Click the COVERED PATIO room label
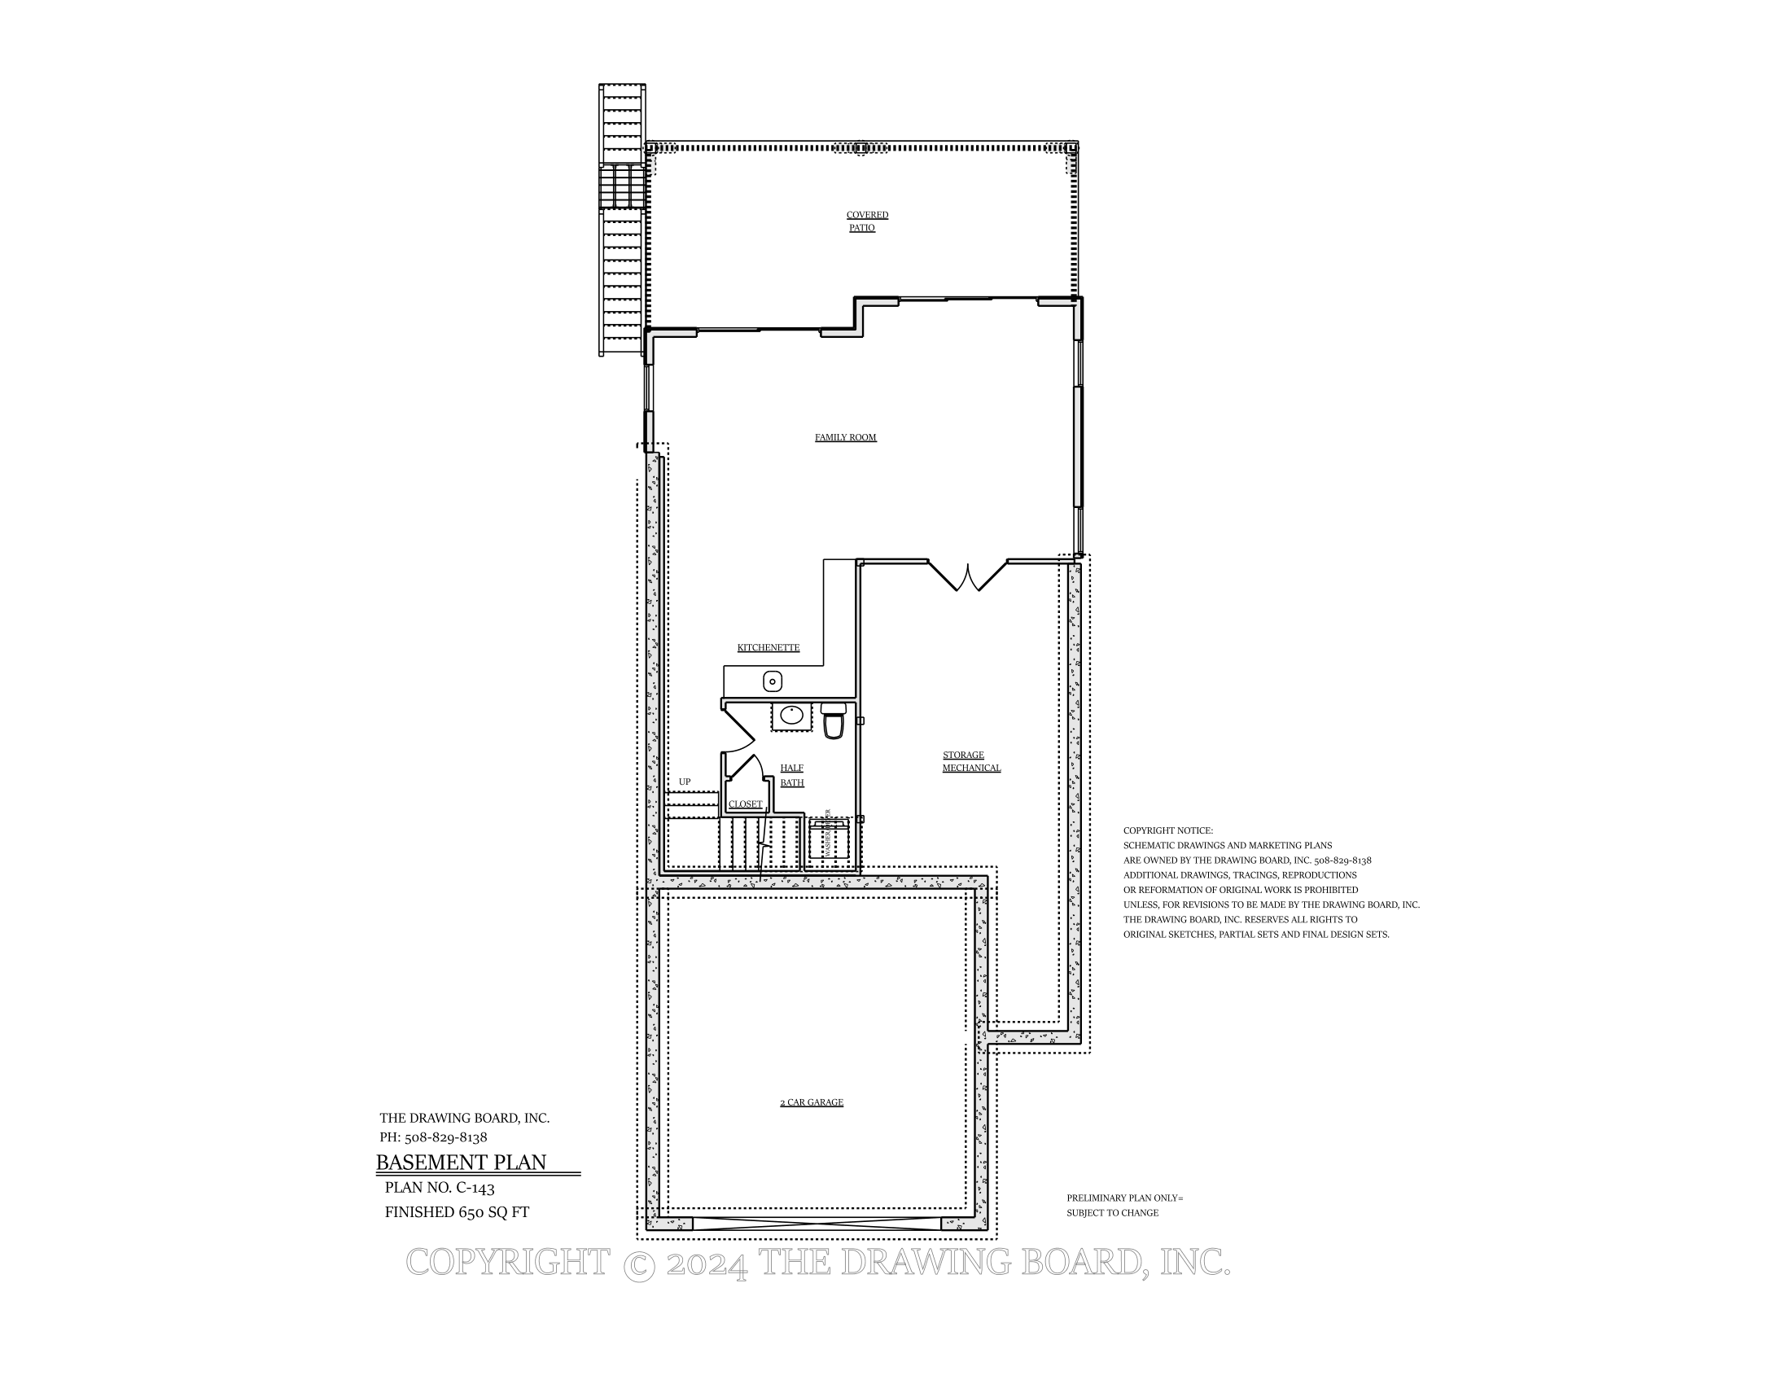click(866, 221)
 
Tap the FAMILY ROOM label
click(846, 438)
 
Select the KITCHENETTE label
click(768, 648)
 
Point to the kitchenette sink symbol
click(773, 681)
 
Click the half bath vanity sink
click(791, 715)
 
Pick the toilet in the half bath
click(833, 722)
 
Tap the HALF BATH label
click(791, 776)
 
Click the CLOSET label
click(746, 804)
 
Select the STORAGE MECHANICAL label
click(971, 762)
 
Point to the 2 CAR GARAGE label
click(811, 1103)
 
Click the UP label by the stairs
click(685, 782)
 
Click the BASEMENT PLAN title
click(461, 1163)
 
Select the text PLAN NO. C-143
click(440, 1188)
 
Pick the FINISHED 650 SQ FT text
click(457, 1213)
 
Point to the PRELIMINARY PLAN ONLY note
click(1124, 1198)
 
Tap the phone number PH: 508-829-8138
click(433, 1138)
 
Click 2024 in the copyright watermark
click(707, 1264)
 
